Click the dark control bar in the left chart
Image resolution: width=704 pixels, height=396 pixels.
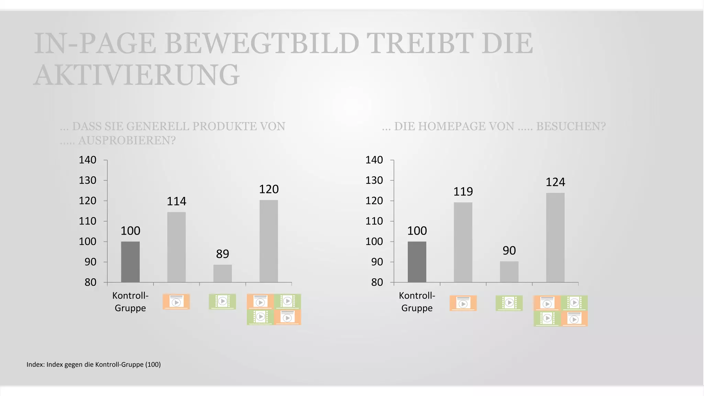tap(130, 262)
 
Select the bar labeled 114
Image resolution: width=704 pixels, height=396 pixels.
tap(176, 247)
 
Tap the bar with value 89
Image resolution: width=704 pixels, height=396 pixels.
tap(222, 273)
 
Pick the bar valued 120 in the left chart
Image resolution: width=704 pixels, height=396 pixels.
tap(269, 241)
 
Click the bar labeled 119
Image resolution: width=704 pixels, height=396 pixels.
tap(463, 242)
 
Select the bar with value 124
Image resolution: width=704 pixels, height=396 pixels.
tap(555, 237)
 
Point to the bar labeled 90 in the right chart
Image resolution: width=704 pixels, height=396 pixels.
tap(509, 272)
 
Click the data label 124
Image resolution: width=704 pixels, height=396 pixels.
tap(555, 182)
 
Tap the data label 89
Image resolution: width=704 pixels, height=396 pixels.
tap(222, 254)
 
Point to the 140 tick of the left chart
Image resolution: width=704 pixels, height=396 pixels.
tap(88, 160)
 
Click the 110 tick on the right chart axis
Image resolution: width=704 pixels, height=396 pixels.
tap(374, 221)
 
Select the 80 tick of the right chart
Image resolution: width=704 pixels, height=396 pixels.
tap(377, 282)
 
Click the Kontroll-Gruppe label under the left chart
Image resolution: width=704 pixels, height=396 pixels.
tap(130, 302)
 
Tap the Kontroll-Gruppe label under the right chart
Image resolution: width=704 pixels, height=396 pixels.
tap(417, 302)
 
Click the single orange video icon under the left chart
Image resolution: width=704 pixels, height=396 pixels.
tap(176, 302)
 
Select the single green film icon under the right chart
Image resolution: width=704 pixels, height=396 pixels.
tap(509, 303)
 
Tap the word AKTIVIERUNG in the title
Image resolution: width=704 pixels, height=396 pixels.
tap(136, 75)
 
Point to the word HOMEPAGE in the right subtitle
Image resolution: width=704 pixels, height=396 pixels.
tap(454, 126)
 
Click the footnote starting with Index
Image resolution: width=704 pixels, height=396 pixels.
tap(93, 364)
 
